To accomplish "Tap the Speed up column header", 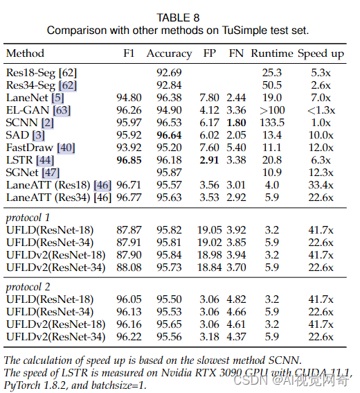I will click(321, 53).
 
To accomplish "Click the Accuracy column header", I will click(169, 53).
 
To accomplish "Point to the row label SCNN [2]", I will click(30, 123).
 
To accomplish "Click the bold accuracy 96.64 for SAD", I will click(169, 135).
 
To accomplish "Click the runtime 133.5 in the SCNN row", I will click(272, 123).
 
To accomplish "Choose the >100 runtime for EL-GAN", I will click(272, 110).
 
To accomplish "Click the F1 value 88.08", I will click(129, 268).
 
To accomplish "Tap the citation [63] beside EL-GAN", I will click(62, 110).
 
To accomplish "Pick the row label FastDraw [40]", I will click(40, 148).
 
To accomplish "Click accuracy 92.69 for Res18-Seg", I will click(169, 72).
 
